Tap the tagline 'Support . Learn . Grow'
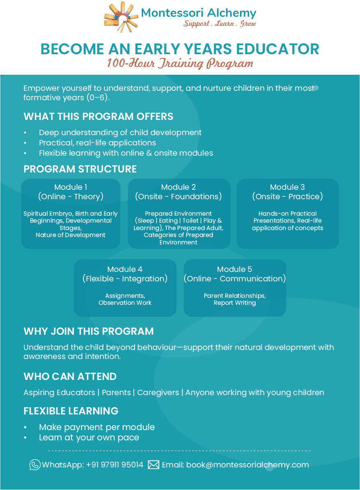click(x=219, y=24)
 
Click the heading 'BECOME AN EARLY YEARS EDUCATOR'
click(x=180, y=49)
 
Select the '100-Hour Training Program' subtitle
click(x=180, y=64)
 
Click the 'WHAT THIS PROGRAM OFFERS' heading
click(x=98, y=117)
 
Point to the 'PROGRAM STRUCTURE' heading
click(x=80, y=169)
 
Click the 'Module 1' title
click(x=71, y=187)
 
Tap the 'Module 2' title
click(x=178, y=187)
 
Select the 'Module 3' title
click(x=287, y=187)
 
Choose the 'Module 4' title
click(x=125, y=269)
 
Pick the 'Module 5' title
click(x=235, y=269)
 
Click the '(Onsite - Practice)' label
click(x=287, y=197)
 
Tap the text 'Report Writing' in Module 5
click(x=235, y=303)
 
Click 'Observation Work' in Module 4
click(x=125, y=303)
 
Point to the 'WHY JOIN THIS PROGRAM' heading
click(x=89, y=331)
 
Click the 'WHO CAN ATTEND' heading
click(x=70, y=377)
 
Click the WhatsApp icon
click(x=35, y=465)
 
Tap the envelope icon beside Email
click(x=153, y=465)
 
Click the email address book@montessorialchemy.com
click(x=247, y=465)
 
